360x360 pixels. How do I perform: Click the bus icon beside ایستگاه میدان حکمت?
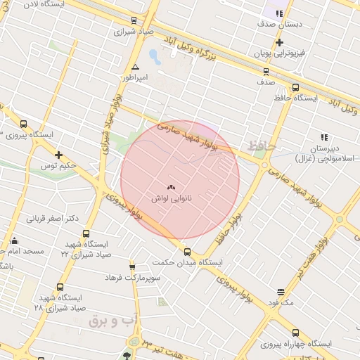pos(187,252)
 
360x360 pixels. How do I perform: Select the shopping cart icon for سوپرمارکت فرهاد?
pos(132,266)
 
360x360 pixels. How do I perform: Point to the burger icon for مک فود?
pos(281,291)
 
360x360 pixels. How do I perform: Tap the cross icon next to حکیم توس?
pos(58,155)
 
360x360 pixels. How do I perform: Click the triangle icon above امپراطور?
pos(135,67)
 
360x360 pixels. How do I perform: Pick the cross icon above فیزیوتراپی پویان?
pos(279,43)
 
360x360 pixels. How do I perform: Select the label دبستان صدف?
pos(281,23)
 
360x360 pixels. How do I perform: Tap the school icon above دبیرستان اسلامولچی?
pos(324,137)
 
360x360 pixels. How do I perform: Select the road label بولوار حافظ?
pos(232,222)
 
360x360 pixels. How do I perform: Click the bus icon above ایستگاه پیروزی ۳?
pos(24,124)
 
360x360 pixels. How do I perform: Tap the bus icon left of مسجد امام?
pos(15,240)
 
